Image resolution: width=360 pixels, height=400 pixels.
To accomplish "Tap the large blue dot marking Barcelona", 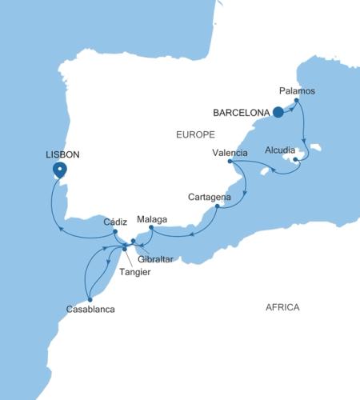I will pos(278,113).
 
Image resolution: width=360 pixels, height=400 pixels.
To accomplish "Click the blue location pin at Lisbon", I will pos(58,170).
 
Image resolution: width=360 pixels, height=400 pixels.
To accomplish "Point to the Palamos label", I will pos(297,91).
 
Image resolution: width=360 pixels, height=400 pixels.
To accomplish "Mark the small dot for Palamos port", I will pos(297,101).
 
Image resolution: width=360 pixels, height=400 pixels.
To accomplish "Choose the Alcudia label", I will pos(280,150).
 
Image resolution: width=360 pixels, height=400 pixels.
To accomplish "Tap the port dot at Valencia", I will pos(230,162).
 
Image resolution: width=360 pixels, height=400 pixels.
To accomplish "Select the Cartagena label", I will pos(210,197).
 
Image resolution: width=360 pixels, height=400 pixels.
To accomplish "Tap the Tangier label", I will pos(134,272).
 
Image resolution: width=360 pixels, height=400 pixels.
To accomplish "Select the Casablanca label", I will pos(90,308).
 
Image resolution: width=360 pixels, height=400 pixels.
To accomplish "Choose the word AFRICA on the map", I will pos(283,307).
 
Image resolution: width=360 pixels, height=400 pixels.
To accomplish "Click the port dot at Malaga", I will pos(151,228).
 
